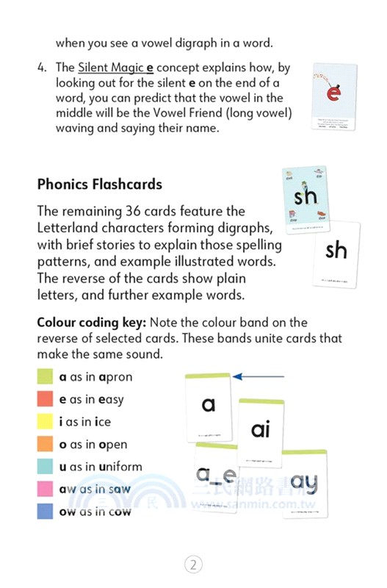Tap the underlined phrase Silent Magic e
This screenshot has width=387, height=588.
pos(115,67)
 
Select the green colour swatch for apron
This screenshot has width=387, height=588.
pos(46,377)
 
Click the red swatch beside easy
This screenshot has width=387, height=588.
pos(46,400)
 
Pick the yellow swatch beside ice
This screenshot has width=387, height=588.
pos(46,422)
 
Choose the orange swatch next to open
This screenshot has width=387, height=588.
pos(46,445)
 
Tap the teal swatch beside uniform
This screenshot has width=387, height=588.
pos(46,467)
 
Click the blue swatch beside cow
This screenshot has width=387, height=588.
pos(46,512)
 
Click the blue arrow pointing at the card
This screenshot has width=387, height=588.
pos(257,376)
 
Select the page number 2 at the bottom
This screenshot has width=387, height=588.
pos(192,564)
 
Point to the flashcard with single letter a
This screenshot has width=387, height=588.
pos(209,406)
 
